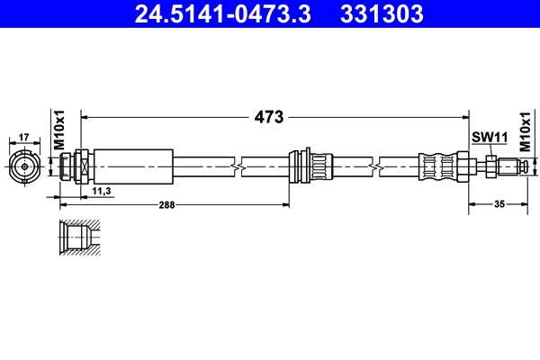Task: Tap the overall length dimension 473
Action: [269, 117]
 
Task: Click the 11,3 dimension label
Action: [102, 192]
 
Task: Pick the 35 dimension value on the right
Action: [498, 205]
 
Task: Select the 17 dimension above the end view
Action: [24, 137]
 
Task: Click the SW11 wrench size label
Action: [490, 137]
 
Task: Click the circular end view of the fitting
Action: [24, 166]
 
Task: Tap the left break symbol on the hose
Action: [238, 166]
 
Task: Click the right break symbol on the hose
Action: [374, 166]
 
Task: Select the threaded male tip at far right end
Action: [517, 166]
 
